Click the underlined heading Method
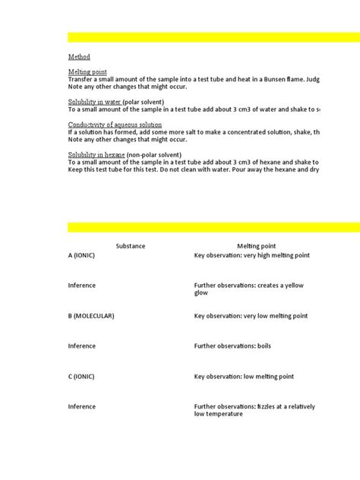[79, 56]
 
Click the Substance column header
[130, 246]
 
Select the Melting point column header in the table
[256, 246]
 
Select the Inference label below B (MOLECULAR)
[82, 346]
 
